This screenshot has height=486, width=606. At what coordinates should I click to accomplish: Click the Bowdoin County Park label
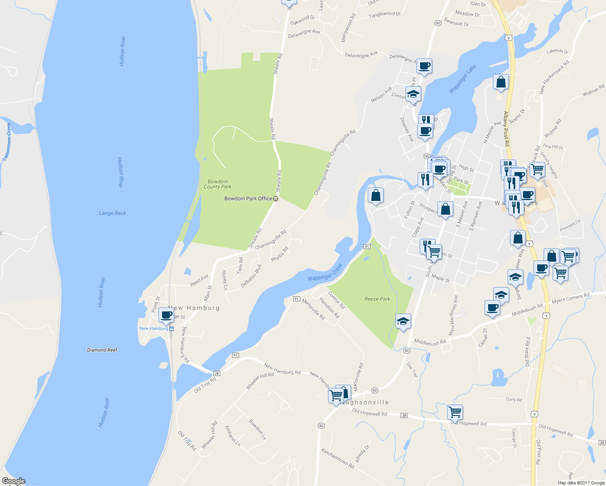pos(218,184)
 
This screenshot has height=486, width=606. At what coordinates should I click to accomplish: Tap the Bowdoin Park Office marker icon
pos(276,198)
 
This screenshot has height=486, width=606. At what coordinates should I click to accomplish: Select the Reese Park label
pos(377,299)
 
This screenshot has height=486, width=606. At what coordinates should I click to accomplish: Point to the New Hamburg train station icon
pos(172,328)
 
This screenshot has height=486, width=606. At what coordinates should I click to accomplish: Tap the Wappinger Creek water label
pos(325,272)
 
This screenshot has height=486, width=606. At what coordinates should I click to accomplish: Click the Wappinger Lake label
pos(463,79)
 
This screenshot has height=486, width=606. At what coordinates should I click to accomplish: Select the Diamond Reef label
pos(102,350)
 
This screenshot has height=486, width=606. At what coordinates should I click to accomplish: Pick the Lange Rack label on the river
pos(113,213)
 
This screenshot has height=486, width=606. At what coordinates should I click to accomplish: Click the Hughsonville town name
pos(365,402)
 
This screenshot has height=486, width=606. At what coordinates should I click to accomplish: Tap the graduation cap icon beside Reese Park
pos(403,322)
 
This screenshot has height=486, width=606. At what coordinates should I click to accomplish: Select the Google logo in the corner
pos(13,481)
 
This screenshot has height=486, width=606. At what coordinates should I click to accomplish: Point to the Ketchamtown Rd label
pos(338,458)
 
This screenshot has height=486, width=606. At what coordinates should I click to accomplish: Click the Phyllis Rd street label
pos(280,254)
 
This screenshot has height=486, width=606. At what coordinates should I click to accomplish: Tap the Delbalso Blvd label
pos(251,276)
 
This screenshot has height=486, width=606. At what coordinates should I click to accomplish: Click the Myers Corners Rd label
pos(570,298)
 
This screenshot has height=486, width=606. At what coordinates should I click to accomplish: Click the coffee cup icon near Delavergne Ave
pos(424,66)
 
